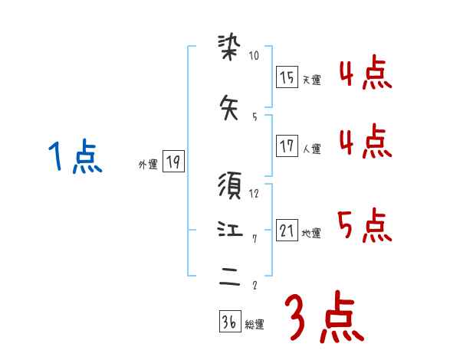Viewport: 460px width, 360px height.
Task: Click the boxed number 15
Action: (x=287, y=77)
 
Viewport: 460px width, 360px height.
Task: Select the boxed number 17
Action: (x=287, y=146)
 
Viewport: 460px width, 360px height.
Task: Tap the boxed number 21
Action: (x=287, y=231)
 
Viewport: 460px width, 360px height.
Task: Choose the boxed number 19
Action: (x=173, y=162)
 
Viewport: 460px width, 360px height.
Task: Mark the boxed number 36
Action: (x=229, y=322)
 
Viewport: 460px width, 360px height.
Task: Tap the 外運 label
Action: (x=147, y=165)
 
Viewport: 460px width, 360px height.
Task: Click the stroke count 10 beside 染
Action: (x=255, y=56)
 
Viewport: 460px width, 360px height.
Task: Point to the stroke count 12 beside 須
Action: (x=255, y=193)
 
